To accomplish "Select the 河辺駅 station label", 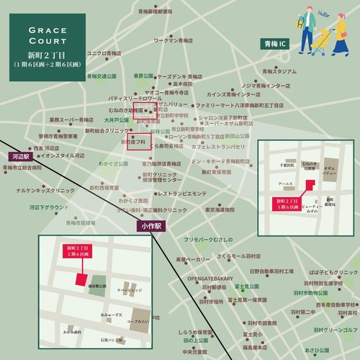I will coord(19,156).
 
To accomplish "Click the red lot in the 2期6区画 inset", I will coord(81,278).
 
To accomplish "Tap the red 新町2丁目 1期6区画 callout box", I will coord(287,202).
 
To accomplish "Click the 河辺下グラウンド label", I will coord(50,207).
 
